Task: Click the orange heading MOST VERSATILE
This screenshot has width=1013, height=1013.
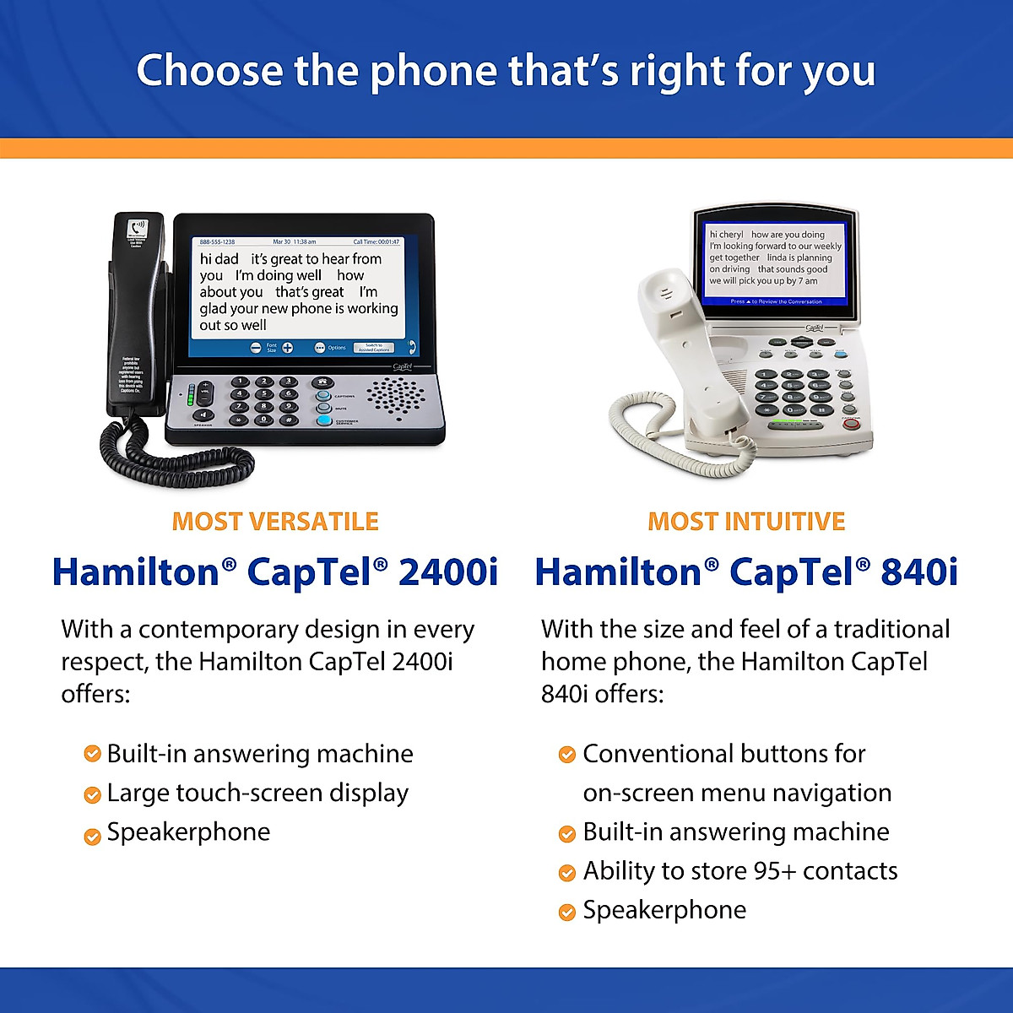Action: (275, 522)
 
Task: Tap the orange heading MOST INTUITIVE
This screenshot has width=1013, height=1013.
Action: (746, 522)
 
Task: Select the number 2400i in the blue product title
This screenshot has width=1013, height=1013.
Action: (447, 572)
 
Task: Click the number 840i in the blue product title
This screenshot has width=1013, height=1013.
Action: (918, 572)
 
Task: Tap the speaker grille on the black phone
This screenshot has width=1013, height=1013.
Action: (397, 394)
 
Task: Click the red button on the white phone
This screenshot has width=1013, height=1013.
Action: (851, 423)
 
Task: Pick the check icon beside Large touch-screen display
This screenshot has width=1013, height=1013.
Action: (92, 794)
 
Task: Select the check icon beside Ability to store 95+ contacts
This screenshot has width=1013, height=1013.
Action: (567, 872)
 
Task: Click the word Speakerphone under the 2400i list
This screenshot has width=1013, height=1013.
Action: (188, 832)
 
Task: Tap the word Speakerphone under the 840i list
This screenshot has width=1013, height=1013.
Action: (664, 910)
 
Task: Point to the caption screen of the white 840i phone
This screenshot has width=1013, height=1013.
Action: (775, 257)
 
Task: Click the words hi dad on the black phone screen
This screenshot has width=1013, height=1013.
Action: (219, 259)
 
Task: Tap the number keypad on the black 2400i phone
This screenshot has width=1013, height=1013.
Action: (264, 400)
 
